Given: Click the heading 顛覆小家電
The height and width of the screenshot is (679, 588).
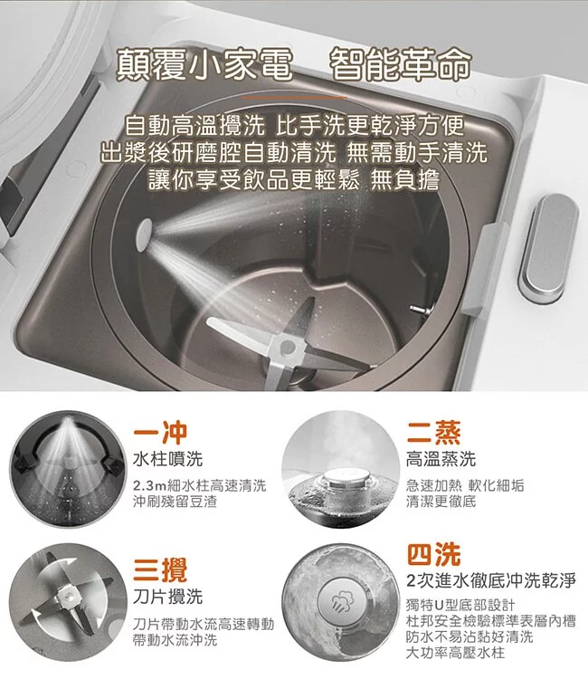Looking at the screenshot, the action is [x=204, y=65].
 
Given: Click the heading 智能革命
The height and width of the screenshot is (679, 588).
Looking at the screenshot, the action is [x=400, y=65].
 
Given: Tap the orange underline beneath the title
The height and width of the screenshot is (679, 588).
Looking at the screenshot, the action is [x=294, y=98].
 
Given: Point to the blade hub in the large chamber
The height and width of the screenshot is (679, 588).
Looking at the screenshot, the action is [x=287, y=347].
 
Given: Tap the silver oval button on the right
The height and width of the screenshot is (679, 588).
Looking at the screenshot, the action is [x=548, y=248].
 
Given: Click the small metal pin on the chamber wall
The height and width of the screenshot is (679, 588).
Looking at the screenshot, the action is [x=419, y=310].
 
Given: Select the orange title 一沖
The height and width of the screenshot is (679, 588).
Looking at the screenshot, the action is [x=160, y=432].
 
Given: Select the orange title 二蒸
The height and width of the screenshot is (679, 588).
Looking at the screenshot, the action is [x=433, y=432].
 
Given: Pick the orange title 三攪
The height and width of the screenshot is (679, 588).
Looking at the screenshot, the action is [x=160, y=569].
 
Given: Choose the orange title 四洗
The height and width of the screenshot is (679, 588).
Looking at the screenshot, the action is [x=433, y=554].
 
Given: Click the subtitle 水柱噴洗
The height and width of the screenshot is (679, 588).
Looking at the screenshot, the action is [x=168, y=459].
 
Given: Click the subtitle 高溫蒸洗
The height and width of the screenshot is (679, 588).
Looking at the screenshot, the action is [x=441, y=459].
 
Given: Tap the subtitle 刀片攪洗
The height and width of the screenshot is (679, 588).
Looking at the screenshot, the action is [x=168, y=597].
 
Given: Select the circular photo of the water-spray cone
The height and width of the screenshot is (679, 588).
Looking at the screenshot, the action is [x=68, y=469].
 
